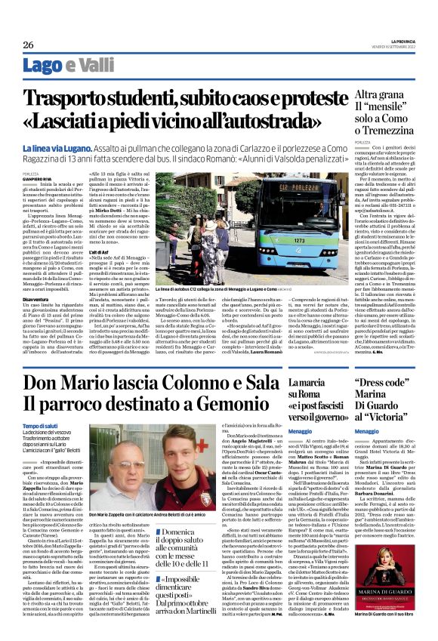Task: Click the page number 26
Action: (29, 45)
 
